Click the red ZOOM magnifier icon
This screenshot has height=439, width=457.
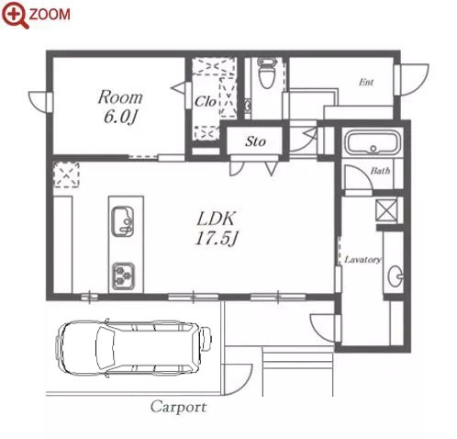(16, 15)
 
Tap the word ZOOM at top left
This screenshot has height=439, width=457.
(50, 15)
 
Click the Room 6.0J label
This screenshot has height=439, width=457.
(120, 107)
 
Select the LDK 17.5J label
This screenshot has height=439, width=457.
(217, 229)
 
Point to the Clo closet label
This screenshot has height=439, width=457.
(206, 102)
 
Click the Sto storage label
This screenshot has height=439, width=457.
(255, 141)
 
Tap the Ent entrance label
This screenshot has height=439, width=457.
(366, 82)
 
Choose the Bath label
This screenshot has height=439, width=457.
(380, 171)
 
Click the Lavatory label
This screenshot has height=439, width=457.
(362, 260)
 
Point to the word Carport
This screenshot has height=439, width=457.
(179, 407)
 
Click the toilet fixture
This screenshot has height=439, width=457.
(267, 73)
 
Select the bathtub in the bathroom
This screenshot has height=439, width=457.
(373, 143)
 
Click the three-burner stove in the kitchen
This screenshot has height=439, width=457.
(123, 276)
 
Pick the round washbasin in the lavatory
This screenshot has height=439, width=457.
(396, 276)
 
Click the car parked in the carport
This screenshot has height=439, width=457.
(133, 347)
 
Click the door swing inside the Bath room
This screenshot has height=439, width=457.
(358, 177)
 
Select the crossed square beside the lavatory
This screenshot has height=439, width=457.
(386, 210)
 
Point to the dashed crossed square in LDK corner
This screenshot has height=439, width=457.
(66, 174)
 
